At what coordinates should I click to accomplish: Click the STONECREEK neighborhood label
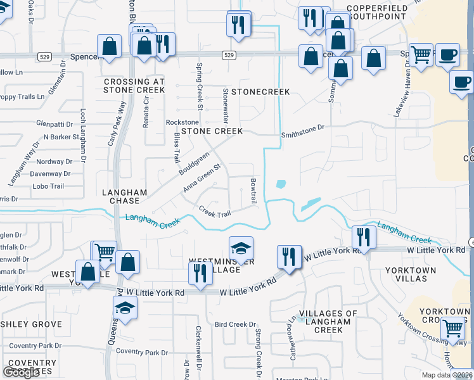pyautogui.click(x=260, y=92)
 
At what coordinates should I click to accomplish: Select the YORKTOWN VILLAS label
pyautogui.click(x=411, y=274)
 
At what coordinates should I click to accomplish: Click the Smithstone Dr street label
pyautogui.click(x=303, y=128)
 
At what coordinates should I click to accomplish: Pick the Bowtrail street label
pyautogui.click(x=253, y=191)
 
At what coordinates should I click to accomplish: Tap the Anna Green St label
pyautogui.click(x=202, y=178)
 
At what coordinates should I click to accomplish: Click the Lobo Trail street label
pyautogui.click(x=48, y=186)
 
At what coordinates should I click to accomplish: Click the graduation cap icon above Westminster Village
pyautogui.click(x=241, y=248)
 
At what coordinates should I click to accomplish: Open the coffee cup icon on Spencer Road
pyautogui.click(x=449, y=56)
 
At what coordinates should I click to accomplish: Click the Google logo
pyautogui.click(x=22, y=372)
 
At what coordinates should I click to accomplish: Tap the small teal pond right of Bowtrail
pyautogui.click(x=280, y=185)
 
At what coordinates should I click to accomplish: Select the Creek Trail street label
pyautogui.click(x=215, y=212)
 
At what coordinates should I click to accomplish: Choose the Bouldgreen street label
pyautogui.click(x=194, y=163)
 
